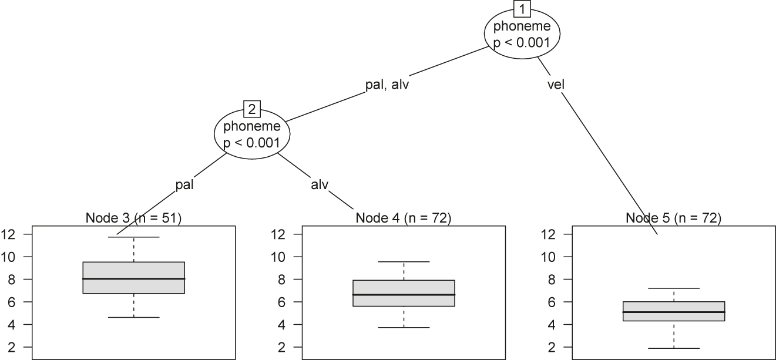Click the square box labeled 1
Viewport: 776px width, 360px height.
(x=522, y=9)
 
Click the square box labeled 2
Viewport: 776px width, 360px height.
(x=251, y=109)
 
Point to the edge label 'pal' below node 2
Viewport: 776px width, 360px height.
(x=184, y=184)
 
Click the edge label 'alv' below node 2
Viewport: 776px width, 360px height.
(x=319, y=184)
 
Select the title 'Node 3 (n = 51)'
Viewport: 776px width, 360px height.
(x=133, y=218)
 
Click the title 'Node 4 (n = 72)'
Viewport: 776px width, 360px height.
(x=403, y=218)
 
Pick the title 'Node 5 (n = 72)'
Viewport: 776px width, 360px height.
(x=673, y=218)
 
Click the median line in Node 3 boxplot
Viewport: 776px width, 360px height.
(x=134, y=278)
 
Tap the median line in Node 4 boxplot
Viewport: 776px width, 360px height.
(x=404, y=294)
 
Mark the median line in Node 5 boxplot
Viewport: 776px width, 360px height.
(x=674, y=312)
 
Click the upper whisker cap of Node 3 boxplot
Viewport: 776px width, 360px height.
(x=134, y=237)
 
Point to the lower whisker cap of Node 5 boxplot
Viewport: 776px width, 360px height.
(x=674, y=348)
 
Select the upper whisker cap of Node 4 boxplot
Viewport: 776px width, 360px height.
(x=404, y=261)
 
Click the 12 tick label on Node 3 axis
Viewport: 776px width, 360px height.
(x=11, y=234)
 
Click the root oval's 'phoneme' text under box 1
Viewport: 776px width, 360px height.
(x=522, y=26)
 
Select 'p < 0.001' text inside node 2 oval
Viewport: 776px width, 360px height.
(x=251, y=142)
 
